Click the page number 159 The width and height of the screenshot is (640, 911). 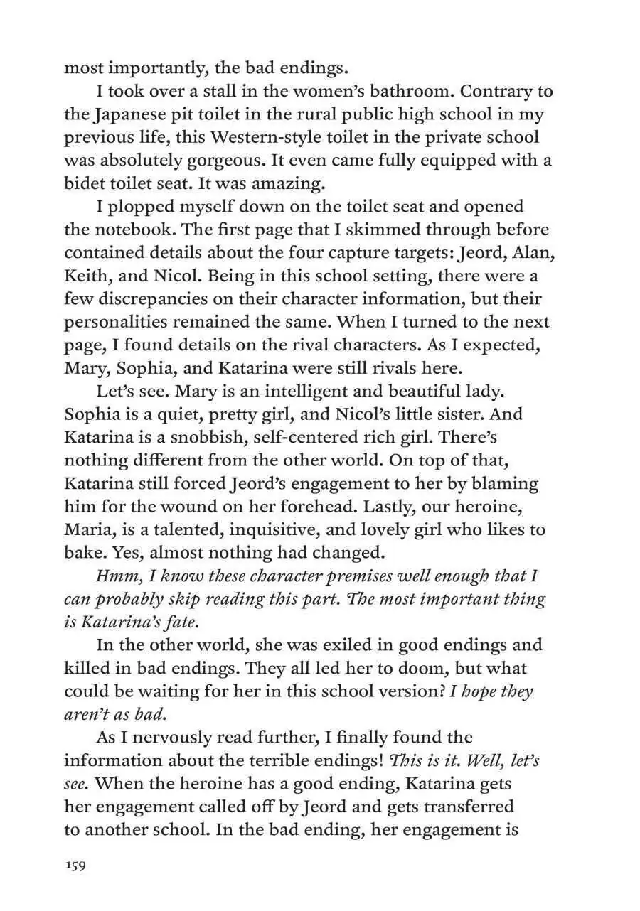[x=75, y=866]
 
